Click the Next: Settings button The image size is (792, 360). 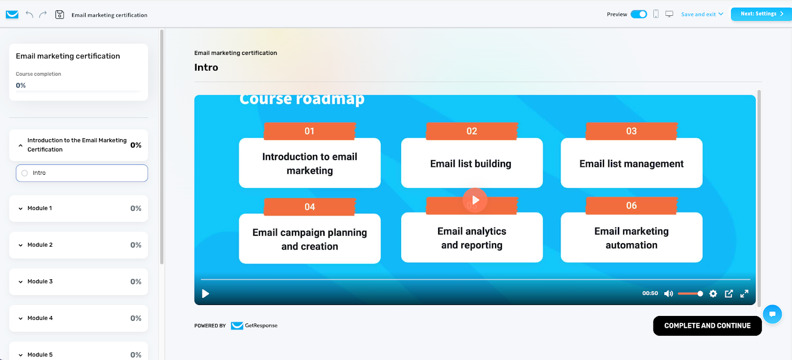click(761, 14)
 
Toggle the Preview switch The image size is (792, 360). click(639, 14)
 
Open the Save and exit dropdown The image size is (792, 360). click(702, 14)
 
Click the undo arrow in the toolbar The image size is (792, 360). click(29, 14)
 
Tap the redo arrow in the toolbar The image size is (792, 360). click(43, 14)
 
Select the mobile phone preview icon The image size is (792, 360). click(656, 14)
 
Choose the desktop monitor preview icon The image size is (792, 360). click(669, 14)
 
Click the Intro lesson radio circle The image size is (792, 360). click(24, 173)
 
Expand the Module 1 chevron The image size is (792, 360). click(20, 208)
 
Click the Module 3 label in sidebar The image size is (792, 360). click(40, 281)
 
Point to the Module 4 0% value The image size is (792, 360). click(136, 318)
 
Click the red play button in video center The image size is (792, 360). click(475, 200)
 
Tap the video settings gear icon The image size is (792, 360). click(713, 294)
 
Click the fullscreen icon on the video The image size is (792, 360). click(744, 294)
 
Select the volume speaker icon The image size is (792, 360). click(668, 294)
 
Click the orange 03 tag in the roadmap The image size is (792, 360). click(632, 131)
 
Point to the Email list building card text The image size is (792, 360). click(471, 164)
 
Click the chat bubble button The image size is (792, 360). click(772, 314)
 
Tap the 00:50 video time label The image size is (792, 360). click(650, 293)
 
